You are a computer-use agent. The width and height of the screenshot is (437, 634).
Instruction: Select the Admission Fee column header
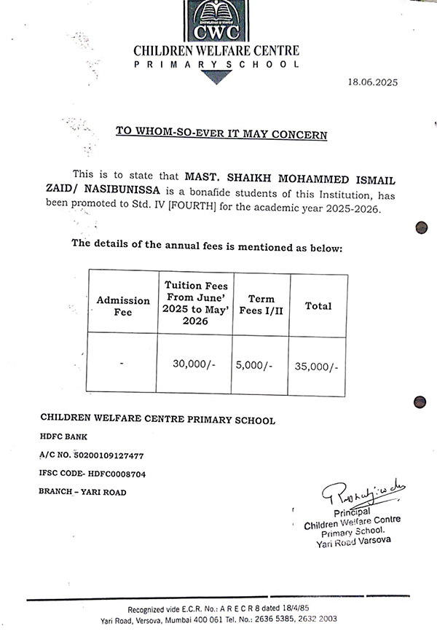point(123,305)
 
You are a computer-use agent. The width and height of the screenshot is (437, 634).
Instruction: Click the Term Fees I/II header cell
point(261,305)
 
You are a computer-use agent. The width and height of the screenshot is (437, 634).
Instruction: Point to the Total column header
point(318,306)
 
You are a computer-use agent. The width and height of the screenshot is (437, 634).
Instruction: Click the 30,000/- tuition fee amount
point(194,364)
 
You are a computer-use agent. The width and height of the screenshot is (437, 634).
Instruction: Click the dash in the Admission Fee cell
point(122,362)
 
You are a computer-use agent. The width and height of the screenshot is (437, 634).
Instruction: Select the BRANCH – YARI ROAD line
point(82,492)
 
